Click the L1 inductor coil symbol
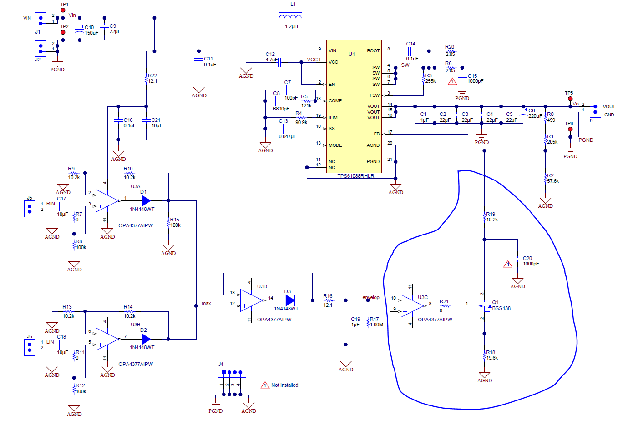[x=290, y=17]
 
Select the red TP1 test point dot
[x=63, y=10]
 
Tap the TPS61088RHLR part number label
[x=355, y=176]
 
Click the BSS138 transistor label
[x=501, y=308]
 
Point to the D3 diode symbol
[x=290, y=300]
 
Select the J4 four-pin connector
[x=232, y=372]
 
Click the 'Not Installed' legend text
[x=284, y=385]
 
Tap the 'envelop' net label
[x=370, y=297]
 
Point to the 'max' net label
[x=206, y=303]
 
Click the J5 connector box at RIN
[x=30, y=209]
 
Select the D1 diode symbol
[x=146, y=200]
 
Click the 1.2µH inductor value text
[x=291, y=26]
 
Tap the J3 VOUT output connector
[x=595, y=109]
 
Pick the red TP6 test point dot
[x=570, y=129]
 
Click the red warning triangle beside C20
[x=508, y=264]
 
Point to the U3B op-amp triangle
[x=107, y=339]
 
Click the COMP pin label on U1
[x=335, y=100]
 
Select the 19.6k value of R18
[x=492, y=358]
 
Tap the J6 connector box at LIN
[x=30, y=347]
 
